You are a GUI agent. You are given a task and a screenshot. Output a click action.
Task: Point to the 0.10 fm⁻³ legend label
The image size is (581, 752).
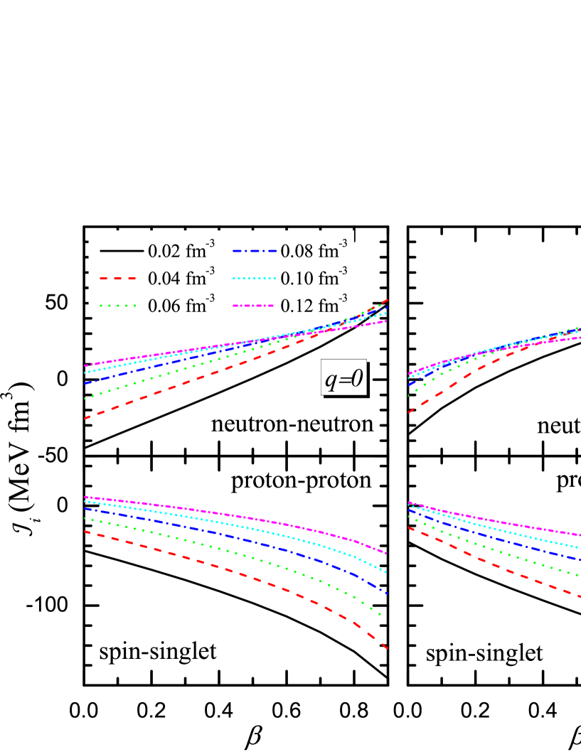click(314, 278)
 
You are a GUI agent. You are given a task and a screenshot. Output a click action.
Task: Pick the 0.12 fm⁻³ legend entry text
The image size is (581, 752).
click(314, 306)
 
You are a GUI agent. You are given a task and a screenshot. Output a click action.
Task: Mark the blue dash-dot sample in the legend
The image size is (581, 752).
click(254, 251)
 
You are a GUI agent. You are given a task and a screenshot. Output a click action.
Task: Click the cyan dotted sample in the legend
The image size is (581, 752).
click(254, 279)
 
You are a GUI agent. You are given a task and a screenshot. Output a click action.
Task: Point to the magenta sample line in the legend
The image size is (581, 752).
click(254, 306)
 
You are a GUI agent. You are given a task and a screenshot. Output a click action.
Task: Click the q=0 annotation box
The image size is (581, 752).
click(343, 380)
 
